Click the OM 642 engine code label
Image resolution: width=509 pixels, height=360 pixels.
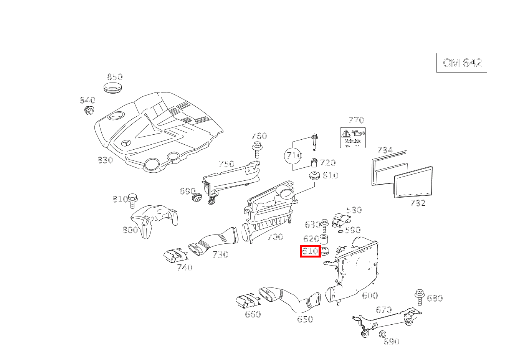[462, 63]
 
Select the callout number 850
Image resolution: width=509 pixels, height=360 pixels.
[114, 77]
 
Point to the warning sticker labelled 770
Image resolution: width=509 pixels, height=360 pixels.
[353, 137]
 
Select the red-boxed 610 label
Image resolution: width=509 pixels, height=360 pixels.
[310, 251]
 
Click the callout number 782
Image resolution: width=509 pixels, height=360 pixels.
[418, 203]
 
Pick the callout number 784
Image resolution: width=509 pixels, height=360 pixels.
[385, 150]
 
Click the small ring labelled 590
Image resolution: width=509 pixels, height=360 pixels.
[340, 231]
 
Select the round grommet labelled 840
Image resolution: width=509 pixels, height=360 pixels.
[89, 111]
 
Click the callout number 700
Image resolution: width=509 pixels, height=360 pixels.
[275, 237]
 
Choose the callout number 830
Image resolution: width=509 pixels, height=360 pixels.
[105, 160]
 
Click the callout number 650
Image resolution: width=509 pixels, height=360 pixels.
[305, 319]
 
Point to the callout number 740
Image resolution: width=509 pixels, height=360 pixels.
[184, 268]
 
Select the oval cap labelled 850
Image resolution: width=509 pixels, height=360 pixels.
[114, 87]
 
